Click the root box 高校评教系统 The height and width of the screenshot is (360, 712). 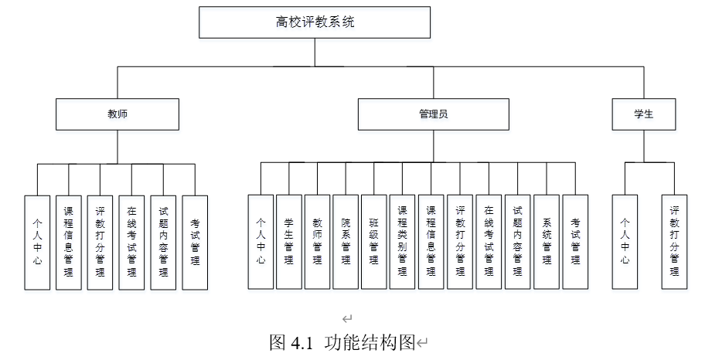click(315, 22)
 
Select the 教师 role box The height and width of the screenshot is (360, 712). click(118, 114)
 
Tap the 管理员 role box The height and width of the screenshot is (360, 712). click(433, 114)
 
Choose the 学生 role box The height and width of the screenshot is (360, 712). click(643, 114)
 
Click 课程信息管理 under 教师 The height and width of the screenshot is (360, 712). click(69, 243)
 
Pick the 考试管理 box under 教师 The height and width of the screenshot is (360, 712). click(195, 243)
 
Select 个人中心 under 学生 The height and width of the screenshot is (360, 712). click(625, 242)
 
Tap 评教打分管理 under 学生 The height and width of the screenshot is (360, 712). click(674, 242)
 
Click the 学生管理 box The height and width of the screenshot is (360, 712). click(289, 242)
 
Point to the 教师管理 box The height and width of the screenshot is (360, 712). click(318, 242)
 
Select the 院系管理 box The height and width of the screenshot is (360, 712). click(346, 242)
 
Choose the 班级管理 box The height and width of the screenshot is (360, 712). click(374, 242)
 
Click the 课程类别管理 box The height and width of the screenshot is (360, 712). click(402, 242)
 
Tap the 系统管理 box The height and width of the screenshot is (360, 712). click(547, 242)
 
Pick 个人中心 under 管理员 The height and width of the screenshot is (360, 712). click(261, 242)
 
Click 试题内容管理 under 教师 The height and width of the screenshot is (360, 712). click(163, 243)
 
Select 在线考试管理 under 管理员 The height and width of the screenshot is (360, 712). click(489, 242)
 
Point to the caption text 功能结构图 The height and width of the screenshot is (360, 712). click(370, 342)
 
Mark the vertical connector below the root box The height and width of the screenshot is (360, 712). click(315, 53)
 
